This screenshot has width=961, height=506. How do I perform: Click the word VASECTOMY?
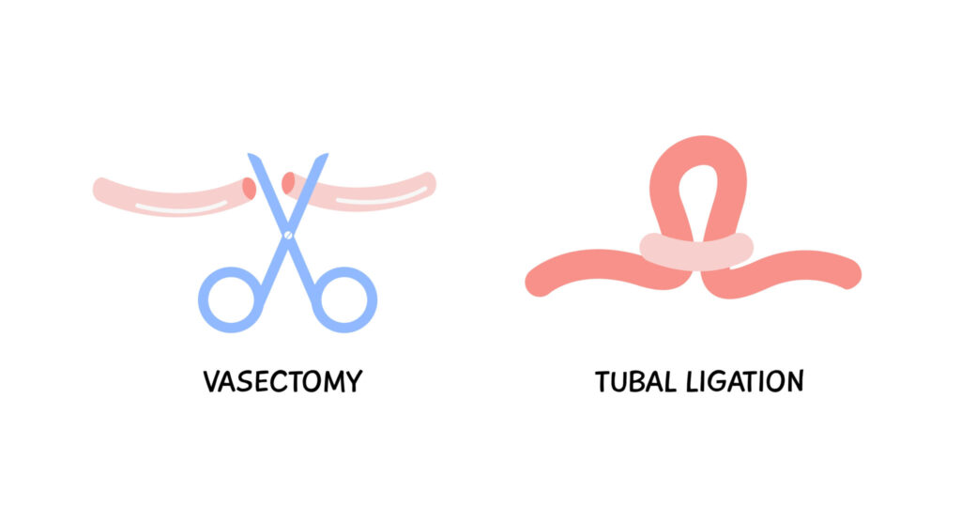[282, 381]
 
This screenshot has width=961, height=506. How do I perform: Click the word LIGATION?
[744, 381]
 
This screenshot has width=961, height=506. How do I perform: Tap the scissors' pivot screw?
[288, 235]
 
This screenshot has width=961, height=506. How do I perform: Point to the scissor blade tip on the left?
[250, 155]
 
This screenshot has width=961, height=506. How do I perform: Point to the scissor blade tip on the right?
[326, 155]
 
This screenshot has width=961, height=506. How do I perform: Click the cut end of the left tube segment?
[249, 188]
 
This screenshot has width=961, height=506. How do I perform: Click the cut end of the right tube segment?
[288, 183]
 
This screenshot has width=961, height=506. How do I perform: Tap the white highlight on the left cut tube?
[181, 207]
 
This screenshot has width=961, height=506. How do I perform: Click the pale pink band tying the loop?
[696, 252]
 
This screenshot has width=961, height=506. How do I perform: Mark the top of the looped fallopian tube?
[698, 139]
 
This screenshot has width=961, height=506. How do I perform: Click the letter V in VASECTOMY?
[212, 381]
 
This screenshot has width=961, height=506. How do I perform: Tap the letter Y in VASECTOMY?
[354, 381]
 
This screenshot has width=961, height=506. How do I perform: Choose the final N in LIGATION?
[794, 381]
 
